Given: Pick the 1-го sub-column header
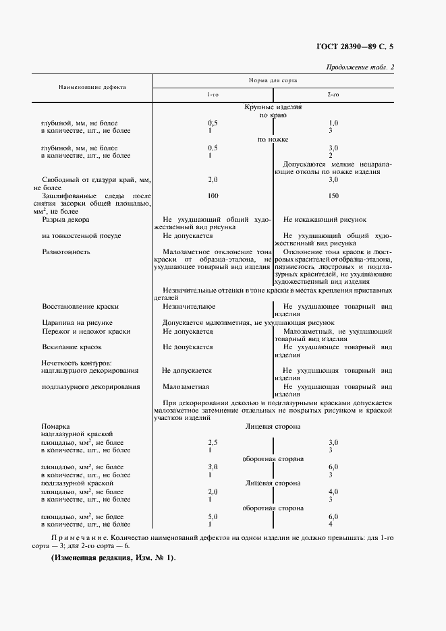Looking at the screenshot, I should pyautogui.click(x=213, y=95).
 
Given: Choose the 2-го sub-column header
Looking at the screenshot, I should pyautogui.click(x=333, y=95).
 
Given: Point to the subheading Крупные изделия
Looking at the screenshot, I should pyautogui.click(x=273, y=107).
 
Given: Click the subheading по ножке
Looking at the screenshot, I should pyautogui.click(x=273, y=140).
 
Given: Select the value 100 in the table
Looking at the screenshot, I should pyautogui.click(x=213, y=196).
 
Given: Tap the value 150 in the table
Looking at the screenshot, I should pyautogui.click(x=333, y=196).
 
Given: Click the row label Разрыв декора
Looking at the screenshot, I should pyautogui.click(x=65, y=220).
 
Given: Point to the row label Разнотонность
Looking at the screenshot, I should pyautogui.click(x=66, y=252).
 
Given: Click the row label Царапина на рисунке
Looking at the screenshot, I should pyautogui.click(x=77, y=323).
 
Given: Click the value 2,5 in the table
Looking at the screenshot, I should pyautogui.click(x=213, y=442).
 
